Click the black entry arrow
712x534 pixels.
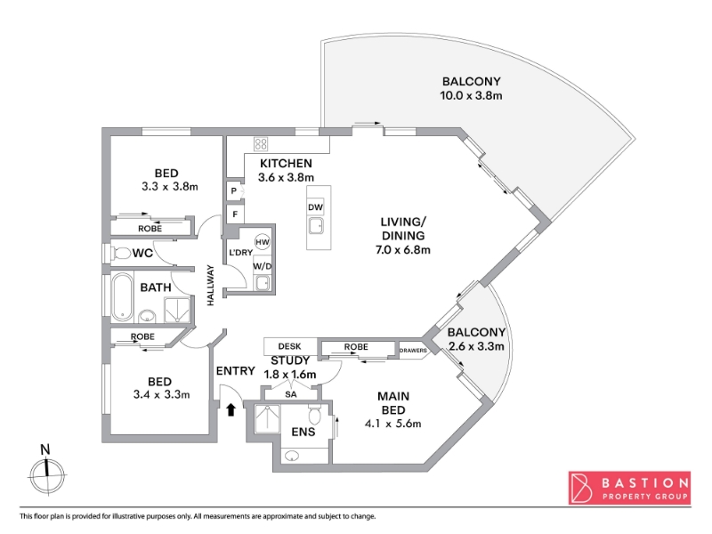coord(231,409)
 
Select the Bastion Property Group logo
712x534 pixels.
coord(629,488)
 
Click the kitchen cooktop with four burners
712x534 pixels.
coord(261,144)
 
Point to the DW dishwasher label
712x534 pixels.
coord(315,207)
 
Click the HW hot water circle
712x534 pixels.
coord(263,242)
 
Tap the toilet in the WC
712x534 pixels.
coord(119,253)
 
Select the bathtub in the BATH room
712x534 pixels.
coord(122,296)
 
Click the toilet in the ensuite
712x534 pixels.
coord(315,415)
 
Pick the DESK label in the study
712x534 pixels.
coord(290,346)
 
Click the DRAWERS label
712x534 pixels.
coord(413,351)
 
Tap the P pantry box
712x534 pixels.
coord(234,190)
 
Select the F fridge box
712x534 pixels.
coord(235,214)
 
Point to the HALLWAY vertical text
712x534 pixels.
coord(210,285)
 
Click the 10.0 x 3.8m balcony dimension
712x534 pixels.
coord(471,95)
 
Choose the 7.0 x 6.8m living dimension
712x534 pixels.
coord(403,250)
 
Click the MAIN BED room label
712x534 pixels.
coord(393,403)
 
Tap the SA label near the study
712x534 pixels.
coord(291,394)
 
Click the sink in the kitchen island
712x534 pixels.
coord(315,225)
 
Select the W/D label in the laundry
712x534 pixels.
coord(262,266)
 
